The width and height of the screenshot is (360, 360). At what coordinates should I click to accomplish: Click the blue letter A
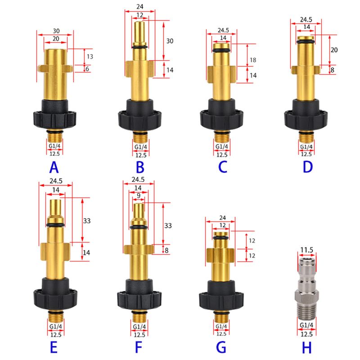[x=54, y=167]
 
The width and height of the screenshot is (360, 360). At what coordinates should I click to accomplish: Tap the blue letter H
[x=307, y=347]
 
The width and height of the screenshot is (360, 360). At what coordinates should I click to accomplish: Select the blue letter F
[x=139, y=347]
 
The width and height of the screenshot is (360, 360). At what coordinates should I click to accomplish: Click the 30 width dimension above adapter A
[x=56, y=31]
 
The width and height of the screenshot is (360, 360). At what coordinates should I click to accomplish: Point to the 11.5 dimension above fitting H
[x=307, y=250]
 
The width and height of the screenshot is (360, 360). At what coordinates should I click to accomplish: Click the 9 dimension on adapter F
[x=139, y=196]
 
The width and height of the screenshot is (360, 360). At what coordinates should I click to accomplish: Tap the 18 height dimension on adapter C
[x=253, y=60]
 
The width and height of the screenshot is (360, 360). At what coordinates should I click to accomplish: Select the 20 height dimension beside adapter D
[x=334, y=50]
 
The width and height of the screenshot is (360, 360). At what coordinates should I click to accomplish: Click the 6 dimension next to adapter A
[x=87, y=69]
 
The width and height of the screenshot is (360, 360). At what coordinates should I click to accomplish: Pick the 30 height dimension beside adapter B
[x=170, y=41]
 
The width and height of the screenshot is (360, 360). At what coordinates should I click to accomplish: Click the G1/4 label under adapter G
[x=221, y=326]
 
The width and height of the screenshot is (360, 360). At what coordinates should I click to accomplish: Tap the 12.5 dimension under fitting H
[x=307, y=334]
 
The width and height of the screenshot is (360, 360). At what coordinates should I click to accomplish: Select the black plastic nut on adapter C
[x=221, y=115]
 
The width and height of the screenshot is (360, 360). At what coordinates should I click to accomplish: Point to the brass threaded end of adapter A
[x=54, y=137]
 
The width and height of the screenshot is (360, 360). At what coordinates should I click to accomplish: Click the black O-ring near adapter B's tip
[x=140, y=47]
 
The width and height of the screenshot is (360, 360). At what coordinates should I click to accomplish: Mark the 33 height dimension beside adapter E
[x=87, y=221]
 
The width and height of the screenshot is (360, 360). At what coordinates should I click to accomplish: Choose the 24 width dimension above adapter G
[x=222, y=217]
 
